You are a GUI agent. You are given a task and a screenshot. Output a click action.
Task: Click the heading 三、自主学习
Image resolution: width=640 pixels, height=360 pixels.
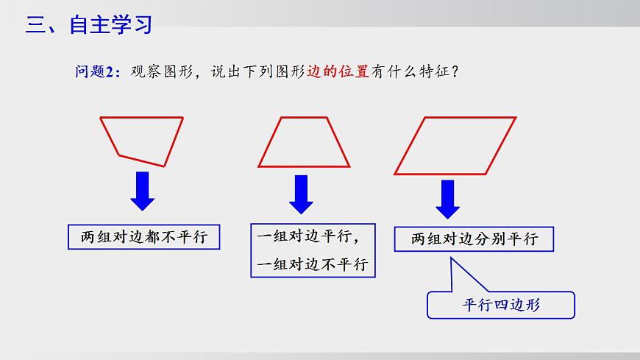click(88, 25)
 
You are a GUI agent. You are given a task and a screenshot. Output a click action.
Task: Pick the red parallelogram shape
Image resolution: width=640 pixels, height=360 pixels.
click(454, 145)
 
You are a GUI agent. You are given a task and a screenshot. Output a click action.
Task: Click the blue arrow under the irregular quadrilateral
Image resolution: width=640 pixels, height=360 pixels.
click(142, 191)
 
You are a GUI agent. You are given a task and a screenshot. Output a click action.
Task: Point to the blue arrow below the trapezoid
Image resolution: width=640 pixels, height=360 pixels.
click(300, 194)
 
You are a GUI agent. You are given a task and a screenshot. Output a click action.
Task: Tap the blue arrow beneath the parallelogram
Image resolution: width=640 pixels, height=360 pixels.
click(447, 198)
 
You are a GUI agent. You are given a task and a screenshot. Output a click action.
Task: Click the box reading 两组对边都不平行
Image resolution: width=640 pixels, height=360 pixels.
click(144, 238)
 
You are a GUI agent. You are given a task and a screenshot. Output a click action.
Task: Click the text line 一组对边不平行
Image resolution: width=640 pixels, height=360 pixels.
click(313, 264)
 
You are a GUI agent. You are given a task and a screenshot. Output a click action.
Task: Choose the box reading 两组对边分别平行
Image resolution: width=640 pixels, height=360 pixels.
click(474, 239)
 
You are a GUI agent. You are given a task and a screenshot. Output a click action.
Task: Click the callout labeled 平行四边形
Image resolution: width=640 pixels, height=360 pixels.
click(501, 303)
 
